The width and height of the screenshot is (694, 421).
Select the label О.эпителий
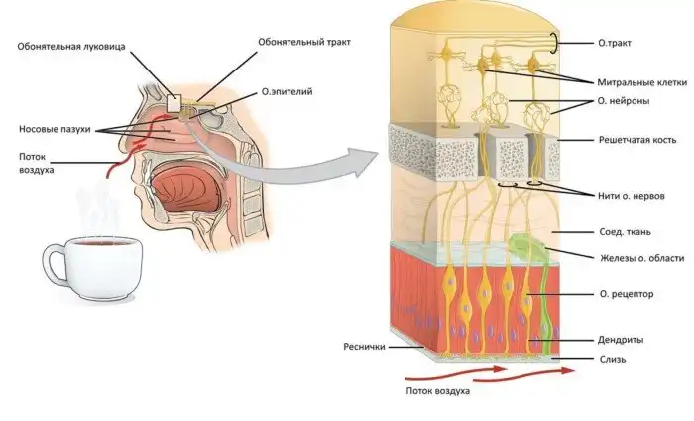[285, 92]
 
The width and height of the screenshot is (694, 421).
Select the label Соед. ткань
[626, 231]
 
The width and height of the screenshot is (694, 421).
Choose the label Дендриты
[623, 338]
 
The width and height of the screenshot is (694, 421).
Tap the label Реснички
[364, 348]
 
